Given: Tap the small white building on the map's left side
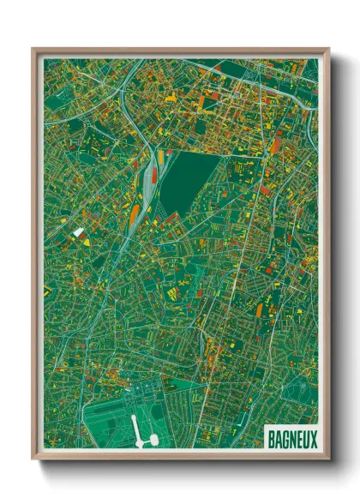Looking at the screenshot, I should coord(78,231).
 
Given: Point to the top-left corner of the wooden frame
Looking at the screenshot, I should coord(33,49).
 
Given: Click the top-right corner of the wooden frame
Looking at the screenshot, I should coord(328,49).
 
